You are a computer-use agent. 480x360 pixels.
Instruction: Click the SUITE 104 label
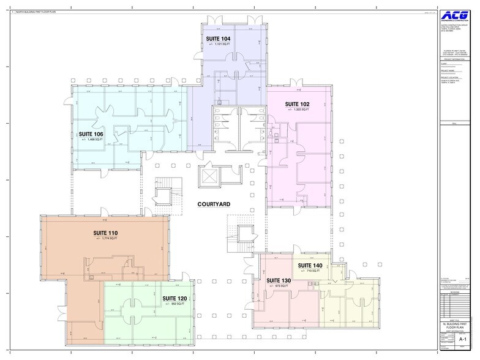[x=218, y=39]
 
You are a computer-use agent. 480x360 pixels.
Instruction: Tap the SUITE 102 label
[x=298, y=104]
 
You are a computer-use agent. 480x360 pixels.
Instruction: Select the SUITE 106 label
[x=91, y=133]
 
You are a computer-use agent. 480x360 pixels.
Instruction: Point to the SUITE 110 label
[x=105, y=233]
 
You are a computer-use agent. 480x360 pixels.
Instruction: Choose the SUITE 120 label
[x=174, y=298]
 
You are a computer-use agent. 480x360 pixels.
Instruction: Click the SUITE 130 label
[x=279, y=280]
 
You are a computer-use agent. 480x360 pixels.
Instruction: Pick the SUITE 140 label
[x=310, y=265]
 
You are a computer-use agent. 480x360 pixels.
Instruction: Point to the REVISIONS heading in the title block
[x=454, y=293]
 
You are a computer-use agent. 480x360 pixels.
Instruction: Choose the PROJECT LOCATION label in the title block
[x=449, y=77]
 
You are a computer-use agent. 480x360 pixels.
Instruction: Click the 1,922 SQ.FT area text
[x=298, y=110]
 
